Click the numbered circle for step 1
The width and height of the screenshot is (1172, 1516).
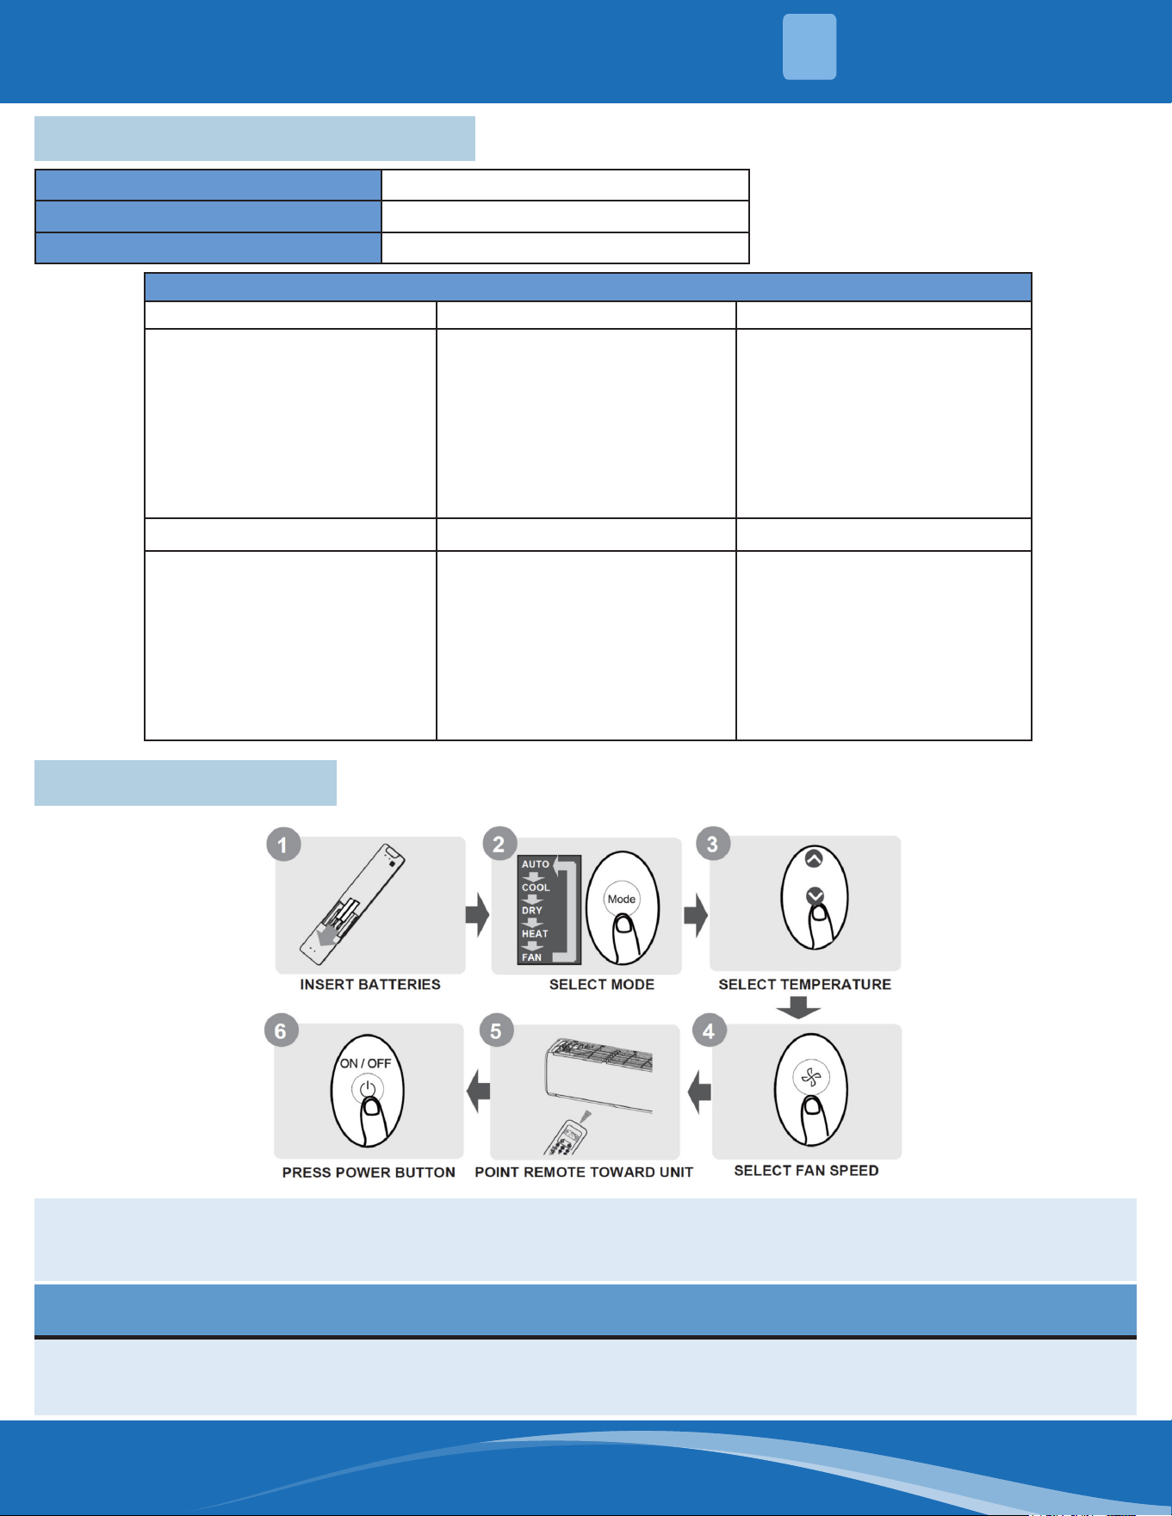coord(283,844)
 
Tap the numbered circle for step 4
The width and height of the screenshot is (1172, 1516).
coord(709,1030)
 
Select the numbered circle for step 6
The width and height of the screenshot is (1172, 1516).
coord(281,1030)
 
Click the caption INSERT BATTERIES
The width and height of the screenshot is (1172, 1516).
coord(370,984)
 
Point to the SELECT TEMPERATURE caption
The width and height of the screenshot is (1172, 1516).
coord(805,984)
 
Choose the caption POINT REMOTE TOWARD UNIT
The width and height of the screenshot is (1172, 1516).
coord(584,1172)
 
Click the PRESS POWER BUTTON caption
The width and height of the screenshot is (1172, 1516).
coord(369,1172)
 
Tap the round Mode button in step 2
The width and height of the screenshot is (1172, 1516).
coord(621,899)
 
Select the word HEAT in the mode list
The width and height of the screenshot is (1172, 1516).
coord(535,933)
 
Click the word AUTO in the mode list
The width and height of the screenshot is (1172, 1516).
coord(536,863)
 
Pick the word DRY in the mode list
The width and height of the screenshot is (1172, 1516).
coord(532,910)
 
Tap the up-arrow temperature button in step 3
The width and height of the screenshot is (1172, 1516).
coord(814,858)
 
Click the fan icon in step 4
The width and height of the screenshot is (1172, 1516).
coord(811,1076)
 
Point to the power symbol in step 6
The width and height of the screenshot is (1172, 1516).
coord(368,1089)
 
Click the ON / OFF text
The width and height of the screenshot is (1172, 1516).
coord(366,1063)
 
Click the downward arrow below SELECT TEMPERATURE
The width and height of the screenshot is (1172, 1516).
coord(798,1007)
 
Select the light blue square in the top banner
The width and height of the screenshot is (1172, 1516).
coord(809,46)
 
